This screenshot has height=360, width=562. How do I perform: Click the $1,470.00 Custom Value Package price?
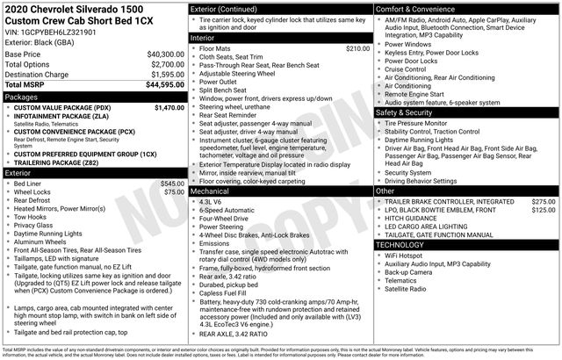(x=167, y=107)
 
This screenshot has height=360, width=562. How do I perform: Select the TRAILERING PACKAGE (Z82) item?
(x=63, y=163)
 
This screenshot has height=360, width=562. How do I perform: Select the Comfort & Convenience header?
(x=417, y=8)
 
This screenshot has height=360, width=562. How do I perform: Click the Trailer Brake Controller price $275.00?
(x=544, y=202)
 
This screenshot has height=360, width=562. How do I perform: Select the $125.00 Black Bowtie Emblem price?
(x=544, y=211)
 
